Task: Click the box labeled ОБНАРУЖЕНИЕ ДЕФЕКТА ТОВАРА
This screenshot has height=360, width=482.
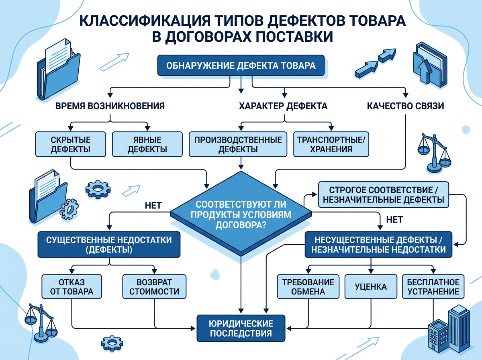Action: (x=240, y=65)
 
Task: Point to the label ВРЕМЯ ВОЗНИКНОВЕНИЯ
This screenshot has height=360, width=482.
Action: (x=110, y=106)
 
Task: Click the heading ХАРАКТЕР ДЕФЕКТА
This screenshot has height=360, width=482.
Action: (x=283, y=106)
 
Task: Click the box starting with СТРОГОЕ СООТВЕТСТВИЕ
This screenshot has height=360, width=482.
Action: (x=383, y=194)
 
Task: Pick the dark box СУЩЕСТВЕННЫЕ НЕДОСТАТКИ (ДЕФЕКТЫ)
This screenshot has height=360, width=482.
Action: (x=109, y=244)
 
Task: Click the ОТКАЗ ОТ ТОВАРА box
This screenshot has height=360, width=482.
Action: (x=71, y=286)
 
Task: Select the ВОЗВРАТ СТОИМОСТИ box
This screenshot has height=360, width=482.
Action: (x=155, y=286)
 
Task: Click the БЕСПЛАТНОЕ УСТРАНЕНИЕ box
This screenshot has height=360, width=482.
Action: (x=433, y=286)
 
